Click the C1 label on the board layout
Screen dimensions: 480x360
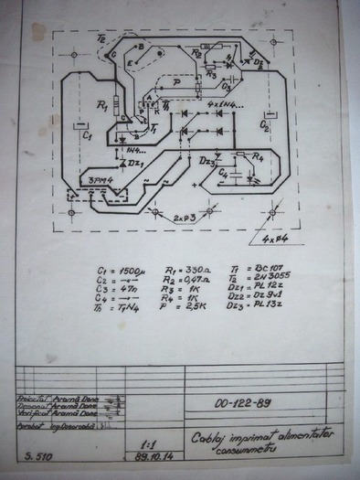click(87, 133)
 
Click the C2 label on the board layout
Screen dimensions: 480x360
click(266, 119)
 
